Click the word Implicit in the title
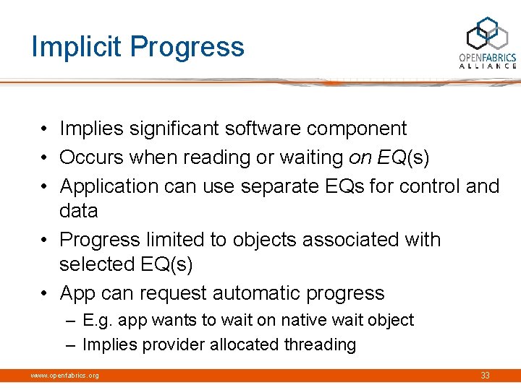click(x=74, y=47)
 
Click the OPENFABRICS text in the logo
click(x=488, y=57)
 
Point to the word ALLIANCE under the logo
click(x=488, y=66)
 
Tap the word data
click(x=78, y=211)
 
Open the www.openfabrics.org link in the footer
click(x=64, y=376)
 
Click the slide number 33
click(x=485, y=376)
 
